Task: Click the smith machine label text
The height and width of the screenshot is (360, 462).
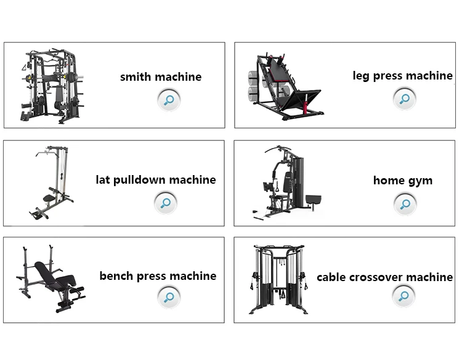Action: click(161, 77)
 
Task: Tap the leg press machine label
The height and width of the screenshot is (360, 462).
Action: click(402, 76)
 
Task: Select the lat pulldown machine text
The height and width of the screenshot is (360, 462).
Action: click(156, 180)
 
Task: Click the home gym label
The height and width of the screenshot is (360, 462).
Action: click(403, 181)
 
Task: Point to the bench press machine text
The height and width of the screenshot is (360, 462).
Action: click(158, 276)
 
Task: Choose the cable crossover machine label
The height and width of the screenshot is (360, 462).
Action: click(384, 277)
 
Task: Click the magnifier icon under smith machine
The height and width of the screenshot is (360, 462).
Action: click(168, 99)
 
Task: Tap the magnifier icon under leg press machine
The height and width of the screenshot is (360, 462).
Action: click(404, 98)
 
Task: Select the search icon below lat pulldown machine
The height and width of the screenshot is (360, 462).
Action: click(165, 202)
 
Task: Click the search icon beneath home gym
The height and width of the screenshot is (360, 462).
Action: click(405, 203)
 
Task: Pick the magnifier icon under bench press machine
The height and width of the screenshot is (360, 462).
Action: click(168, 298)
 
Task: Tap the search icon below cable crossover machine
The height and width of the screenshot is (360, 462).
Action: click(404, 297)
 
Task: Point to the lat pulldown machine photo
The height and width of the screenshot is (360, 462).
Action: click(52, 182)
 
